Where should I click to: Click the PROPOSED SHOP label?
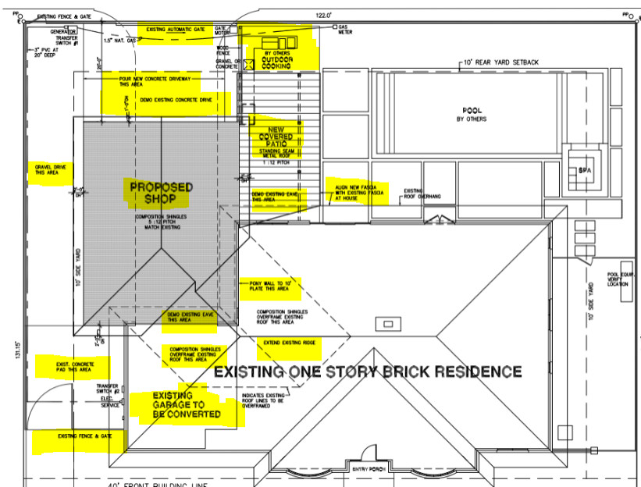(161, 193)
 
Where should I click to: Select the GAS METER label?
(347, 30)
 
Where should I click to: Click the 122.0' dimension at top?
(324, 15)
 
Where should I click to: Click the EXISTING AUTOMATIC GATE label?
(176, 29)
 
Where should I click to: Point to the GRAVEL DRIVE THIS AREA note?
(49, 170)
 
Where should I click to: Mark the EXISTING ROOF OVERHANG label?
(422, 193)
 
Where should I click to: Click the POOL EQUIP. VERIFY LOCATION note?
(622, 279)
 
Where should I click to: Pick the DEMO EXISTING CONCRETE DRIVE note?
(176, 101)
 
